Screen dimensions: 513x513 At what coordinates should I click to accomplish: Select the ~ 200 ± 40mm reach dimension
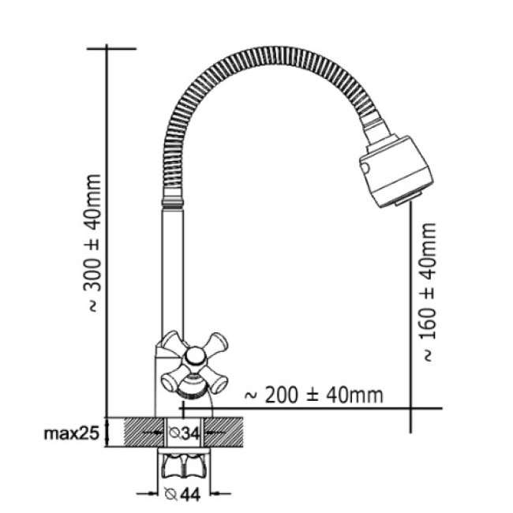(314, 395)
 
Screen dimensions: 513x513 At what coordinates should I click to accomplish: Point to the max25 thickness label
(71, 433)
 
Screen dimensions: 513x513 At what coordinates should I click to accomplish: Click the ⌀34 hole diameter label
(184, 433)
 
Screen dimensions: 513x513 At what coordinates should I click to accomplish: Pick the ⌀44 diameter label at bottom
(182, 494)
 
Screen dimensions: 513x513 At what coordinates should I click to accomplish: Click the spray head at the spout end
(396, 170)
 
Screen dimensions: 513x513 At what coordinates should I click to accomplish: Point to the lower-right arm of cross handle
(217, 381)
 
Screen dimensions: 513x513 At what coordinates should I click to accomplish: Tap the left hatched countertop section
(144, 432)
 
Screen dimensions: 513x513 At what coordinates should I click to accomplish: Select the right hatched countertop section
(223, 432)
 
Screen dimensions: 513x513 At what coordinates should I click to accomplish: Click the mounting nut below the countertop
(184, 466)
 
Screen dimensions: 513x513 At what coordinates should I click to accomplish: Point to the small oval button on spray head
(365, 168)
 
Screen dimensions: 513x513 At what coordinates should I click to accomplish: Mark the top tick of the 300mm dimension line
(111, 49)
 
